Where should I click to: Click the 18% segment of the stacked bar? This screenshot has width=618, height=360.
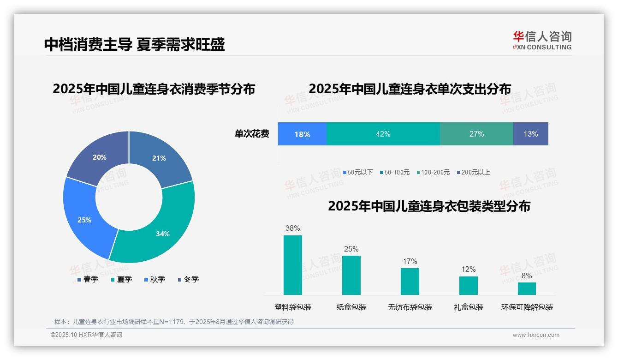point(302,134)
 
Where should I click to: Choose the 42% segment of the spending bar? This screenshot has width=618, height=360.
point(383,134)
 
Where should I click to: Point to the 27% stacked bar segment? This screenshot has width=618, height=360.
point(476,134)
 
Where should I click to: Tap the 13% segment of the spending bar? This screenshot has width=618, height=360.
point(530,134)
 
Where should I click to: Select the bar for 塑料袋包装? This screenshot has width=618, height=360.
point(293,265)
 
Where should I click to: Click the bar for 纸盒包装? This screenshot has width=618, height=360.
point(351,275)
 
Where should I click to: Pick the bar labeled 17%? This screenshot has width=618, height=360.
point(410,281)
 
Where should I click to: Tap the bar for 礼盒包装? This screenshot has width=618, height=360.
point(468,285)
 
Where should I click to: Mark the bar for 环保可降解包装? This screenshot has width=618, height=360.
point(527,288)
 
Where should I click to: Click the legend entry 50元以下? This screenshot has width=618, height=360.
point(358,172)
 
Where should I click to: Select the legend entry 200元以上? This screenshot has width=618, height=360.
point(473,172)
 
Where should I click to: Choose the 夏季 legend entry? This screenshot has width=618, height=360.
point(121,279)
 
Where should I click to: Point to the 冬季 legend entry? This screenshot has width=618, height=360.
point(188,279)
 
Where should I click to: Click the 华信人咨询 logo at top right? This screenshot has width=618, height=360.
point(542,40)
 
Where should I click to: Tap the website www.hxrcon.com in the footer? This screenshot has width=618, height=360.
point(536,335)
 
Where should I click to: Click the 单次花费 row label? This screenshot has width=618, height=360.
point(252,134)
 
